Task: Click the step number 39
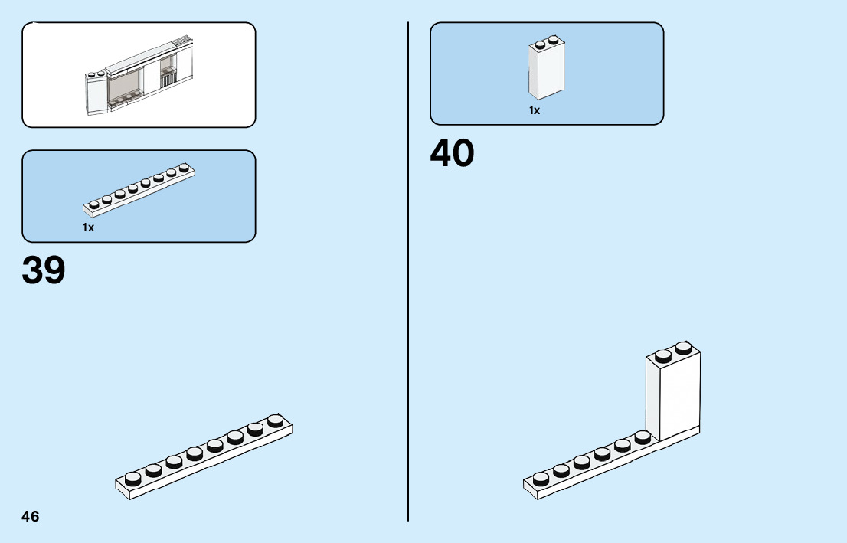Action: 44,270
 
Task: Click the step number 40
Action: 452,153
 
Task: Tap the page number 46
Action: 31,516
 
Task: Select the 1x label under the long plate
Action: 88,227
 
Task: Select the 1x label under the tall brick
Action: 535,110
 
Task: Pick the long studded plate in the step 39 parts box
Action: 139,191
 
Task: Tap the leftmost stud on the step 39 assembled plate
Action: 133,478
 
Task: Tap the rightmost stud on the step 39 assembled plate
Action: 276,420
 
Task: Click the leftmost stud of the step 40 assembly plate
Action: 541,478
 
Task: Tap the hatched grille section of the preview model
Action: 167,77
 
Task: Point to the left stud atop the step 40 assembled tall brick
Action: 663,354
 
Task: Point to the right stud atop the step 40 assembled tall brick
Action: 683,347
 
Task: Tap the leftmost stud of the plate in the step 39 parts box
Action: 94,204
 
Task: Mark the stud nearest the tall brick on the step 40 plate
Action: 643,436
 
